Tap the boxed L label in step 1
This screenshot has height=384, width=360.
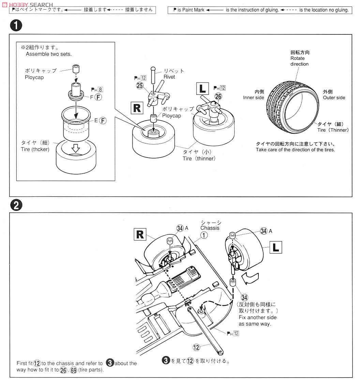(202, 89)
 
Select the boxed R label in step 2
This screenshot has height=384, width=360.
(140, 235)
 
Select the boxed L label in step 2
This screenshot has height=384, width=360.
(276, 247)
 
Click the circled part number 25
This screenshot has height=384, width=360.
(139, 86)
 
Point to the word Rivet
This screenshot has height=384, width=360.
(169, 77)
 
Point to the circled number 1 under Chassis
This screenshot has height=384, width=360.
(204, 235)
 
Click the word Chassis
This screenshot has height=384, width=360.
(210, 228)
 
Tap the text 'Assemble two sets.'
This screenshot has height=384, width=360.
(48, 54)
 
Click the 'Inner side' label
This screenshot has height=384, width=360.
(253, 98)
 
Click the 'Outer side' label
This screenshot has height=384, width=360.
(334, 98)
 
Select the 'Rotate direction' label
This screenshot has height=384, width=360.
(299, 61)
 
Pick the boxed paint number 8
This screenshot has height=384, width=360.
(101, 90)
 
